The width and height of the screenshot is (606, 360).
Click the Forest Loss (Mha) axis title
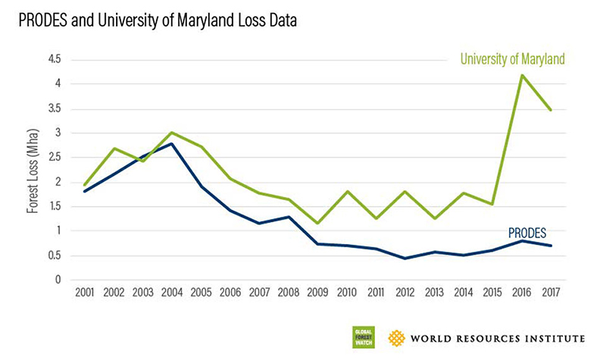coord(33,169)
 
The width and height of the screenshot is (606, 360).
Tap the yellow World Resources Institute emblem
coord(396,337)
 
